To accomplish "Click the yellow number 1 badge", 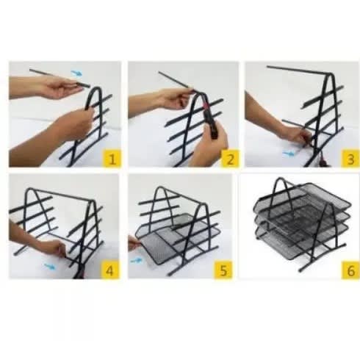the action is click(112, 159).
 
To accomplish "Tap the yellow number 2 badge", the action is click(230, 159).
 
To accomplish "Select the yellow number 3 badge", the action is click(350, 159).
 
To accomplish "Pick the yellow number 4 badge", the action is click(109, 270).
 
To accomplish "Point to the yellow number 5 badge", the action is click(223, 270).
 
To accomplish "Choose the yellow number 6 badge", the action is click(350, 270).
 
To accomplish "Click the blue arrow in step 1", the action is click(76, 73).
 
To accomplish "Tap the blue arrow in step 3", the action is click(289, 154).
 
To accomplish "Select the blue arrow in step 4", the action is click(50, 266).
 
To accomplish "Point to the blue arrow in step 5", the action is click(136, 260).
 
